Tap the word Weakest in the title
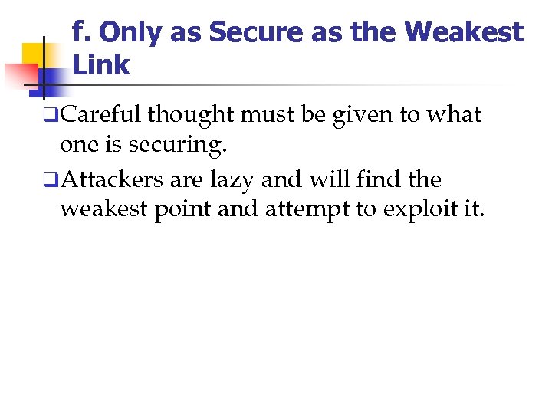(464, 32)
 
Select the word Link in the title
(101, 65)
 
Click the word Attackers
(108, 180)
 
